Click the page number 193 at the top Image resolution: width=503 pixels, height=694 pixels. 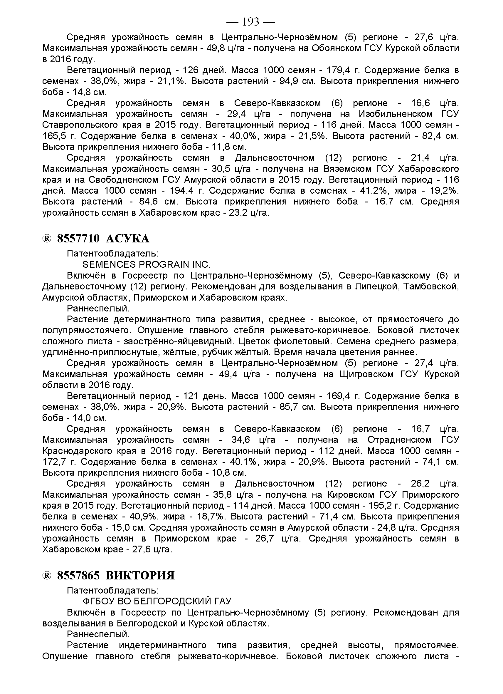tap(250, 22)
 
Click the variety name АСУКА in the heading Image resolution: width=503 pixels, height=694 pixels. tap(127, 238)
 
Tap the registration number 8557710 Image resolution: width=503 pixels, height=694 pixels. tap(78, 238)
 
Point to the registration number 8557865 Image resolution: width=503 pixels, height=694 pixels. tap(78, 576)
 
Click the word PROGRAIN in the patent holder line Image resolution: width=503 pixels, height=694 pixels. tap(164, 264)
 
